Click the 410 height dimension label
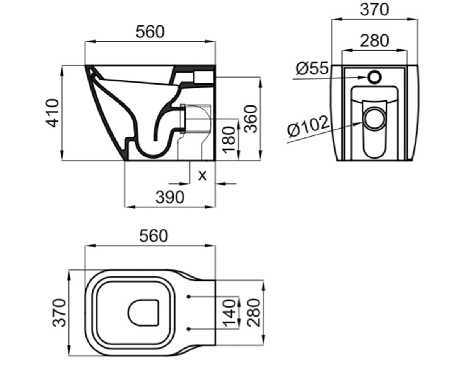[x=53, y=113]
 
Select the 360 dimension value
[x=250, y=119]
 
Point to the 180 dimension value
[x=229, y=140]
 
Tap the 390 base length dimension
[x=170, y=197]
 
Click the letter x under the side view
[x=202, y=176]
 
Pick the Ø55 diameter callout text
[x=312, y=68]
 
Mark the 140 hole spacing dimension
[x=229, y=313]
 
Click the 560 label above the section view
[x=150, y=32]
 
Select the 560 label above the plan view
[x=154, y=236]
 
